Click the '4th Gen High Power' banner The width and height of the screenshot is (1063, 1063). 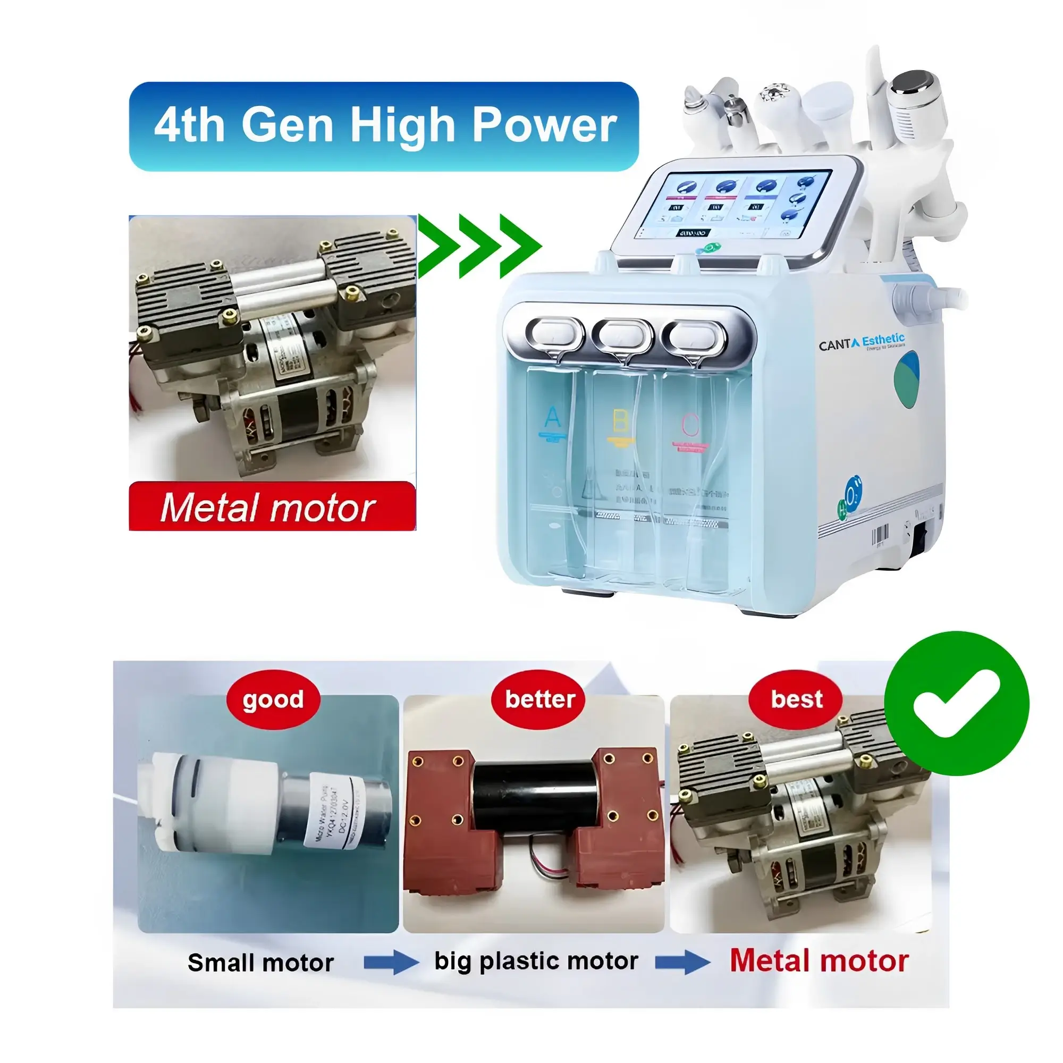[384, 126]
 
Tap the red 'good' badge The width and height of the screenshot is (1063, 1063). [273, 699]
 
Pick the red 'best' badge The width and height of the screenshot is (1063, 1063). [796, 699]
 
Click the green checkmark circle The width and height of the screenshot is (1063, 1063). [956, 703]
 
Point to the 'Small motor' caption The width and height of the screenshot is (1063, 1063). [260, 963]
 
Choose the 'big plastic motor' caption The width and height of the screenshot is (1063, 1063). [536, 961]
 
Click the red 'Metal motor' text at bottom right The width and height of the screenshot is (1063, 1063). [819, 961]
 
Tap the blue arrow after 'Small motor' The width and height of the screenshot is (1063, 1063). [391, 963]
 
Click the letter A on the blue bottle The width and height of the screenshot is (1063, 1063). [552, 418]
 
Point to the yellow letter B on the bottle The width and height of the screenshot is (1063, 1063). [620, 421]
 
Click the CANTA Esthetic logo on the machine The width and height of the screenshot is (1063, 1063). [861, 342]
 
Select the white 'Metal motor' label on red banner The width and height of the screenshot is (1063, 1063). [268, 507]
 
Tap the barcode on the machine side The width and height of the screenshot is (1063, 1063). [880, 534]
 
